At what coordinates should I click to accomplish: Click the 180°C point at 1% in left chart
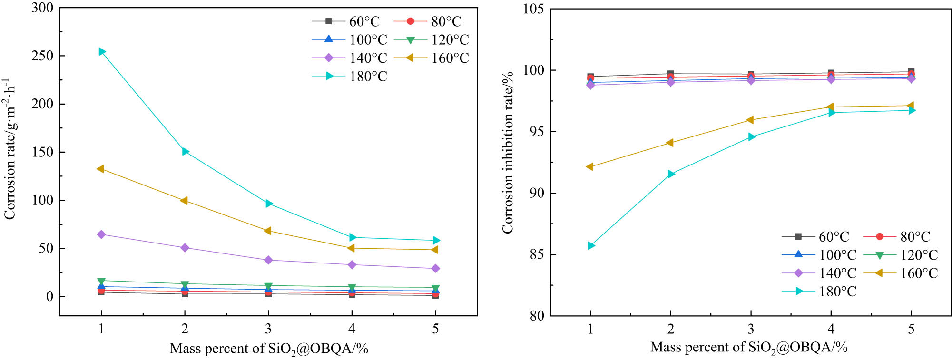pyautogui.click(x=102, y=51)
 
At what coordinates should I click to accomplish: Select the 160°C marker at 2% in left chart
pyautogui.click(x=184, y=201)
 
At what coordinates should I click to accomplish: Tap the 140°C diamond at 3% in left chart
pyautogui.click(x=268, y=260)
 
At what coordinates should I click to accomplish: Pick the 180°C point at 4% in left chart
pyautogui.click(x=353, y=237)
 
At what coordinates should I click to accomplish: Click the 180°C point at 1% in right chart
pyautogui.click(x=591, y=245)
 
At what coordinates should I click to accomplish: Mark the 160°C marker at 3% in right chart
pyautogui.click(x=750, y=120)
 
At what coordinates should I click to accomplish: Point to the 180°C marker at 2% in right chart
pyautogui.click(x=671, y=174)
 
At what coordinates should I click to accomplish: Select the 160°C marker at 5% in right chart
pyautogui.click(x=911, y=106)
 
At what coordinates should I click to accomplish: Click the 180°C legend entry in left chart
pyautogui.click(x=350, y=76)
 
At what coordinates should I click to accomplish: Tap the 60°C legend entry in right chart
pyautogui.click(x=815, y=236)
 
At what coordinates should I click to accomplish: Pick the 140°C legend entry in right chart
pyautogui.click(x=819, y=273)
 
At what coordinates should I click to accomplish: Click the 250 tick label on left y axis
pyautogui.click(x=42, y=56)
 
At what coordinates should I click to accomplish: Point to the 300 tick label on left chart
pyautogui.click(x=42, y=8)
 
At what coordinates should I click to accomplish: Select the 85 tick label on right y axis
pyautogui.click(x=537, y=254)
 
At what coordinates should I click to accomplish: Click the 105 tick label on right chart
pyautogui.click(x=533, y=9)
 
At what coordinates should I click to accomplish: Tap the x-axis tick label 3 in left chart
pyautogui.click(x=268, y=329)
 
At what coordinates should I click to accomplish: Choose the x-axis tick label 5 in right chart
pyautogui.click(x=911, y=329)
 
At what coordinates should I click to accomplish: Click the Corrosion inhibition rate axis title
pyautogui.click(x=508, y=152)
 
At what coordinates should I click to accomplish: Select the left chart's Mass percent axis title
pyautogui.click(x=269, y=349)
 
